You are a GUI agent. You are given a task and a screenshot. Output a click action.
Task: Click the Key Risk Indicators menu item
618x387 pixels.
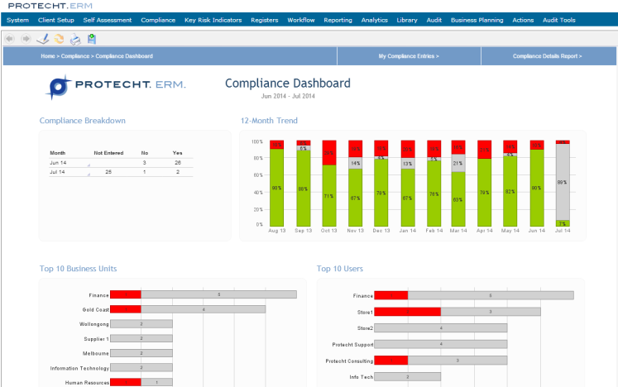[213, 20]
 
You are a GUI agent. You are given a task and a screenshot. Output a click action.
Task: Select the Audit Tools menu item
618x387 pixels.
[558, 20]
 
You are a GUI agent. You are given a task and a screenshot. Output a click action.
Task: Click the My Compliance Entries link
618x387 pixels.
[409, 56]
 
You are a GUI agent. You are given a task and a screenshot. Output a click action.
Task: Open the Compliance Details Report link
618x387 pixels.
[547, 56]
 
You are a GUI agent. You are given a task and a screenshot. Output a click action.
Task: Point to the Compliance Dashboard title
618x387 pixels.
[287, 84]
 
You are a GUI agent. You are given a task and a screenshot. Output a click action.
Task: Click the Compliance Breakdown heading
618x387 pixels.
[83, 121]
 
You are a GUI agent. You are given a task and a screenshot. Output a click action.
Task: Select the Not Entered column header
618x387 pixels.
[108, 153]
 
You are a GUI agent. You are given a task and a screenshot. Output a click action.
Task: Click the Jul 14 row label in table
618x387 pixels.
[58, 172]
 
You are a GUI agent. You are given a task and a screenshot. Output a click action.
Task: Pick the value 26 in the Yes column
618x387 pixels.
[177, 163]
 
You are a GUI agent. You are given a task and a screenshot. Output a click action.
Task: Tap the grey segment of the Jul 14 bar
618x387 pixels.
[563, 182]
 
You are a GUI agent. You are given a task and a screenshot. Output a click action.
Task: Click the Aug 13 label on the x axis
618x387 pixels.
[278, 231]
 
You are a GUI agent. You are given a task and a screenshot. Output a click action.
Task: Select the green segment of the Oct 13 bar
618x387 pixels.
[329, 195]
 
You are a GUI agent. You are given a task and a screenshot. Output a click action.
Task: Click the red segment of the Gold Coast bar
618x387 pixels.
[125, 309]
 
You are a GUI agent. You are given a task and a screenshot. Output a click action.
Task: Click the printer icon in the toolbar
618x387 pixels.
[74, 38]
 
